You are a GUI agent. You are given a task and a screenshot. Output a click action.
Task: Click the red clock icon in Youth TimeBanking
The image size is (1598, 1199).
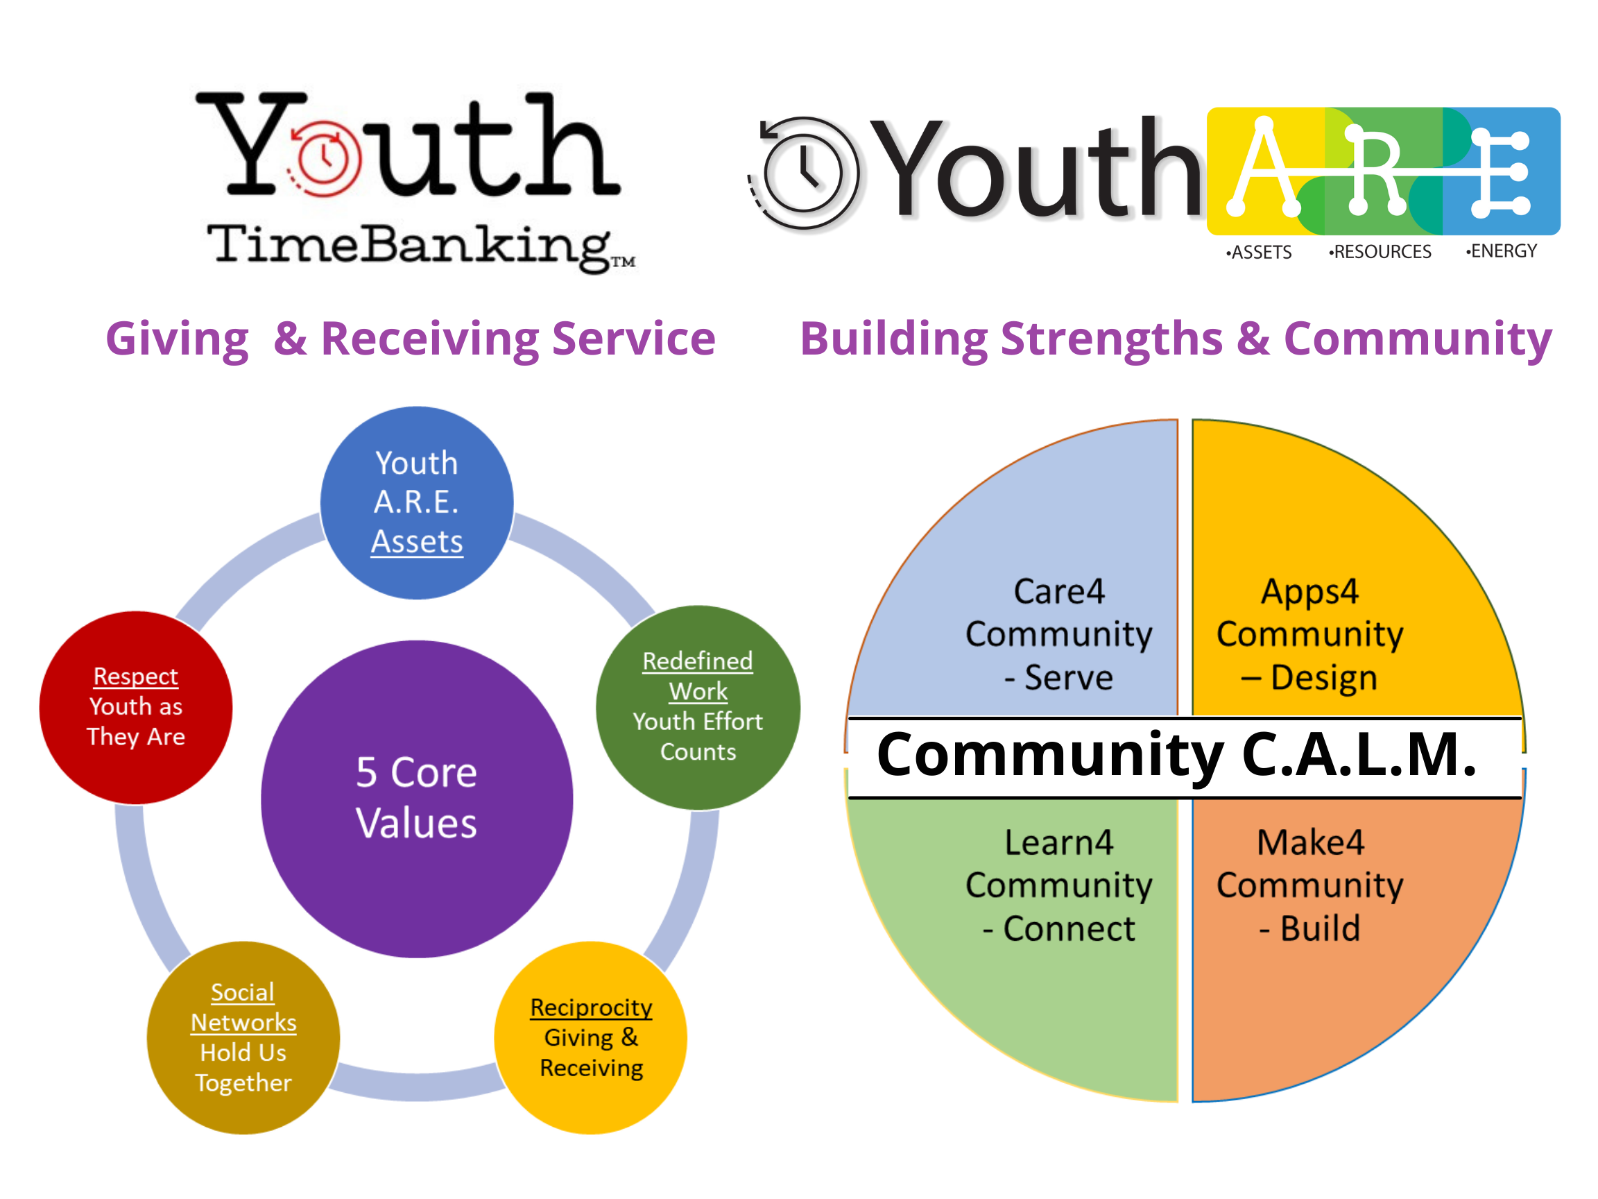coord(325,158)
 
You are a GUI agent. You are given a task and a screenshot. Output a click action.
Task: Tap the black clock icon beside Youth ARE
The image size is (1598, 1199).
coord(803,173)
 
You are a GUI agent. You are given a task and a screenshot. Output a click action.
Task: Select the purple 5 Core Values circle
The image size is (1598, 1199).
coord(417,799)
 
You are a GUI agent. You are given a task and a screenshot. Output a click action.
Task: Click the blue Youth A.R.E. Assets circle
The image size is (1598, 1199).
coord(417,502)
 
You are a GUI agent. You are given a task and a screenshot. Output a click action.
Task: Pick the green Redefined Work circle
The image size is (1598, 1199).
coord(698,707)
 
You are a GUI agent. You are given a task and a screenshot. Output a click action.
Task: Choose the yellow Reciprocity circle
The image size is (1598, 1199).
coord(591,1037)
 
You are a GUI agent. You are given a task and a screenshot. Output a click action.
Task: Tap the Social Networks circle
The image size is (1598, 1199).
coord(243,1037)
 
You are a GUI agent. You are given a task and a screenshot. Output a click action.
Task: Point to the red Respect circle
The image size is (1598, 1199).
coord(136,707)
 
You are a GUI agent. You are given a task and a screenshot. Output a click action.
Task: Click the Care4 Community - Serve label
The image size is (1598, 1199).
coord(1059,633)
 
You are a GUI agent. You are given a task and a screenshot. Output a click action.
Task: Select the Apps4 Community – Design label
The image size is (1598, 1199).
coord(1309,633)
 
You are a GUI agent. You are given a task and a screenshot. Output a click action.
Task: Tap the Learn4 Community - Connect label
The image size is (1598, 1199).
coord(1059,885)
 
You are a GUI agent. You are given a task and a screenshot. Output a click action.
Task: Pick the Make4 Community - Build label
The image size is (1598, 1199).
coord(1309,885)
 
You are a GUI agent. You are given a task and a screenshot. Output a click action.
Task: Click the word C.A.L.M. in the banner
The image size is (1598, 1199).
coord(1359,754)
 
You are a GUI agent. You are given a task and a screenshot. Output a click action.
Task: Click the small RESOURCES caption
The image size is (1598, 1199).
coord(1380,251)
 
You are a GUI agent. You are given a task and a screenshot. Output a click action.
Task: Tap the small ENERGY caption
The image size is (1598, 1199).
coord(1501,250)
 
